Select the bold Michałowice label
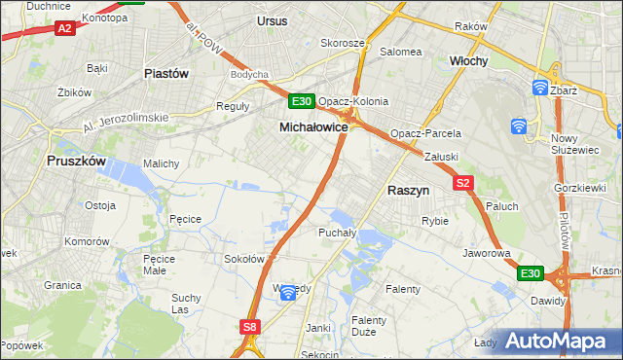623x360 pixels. click(314, 127)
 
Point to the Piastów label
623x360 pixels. click(165, 73)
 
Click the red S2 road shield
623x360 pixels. click(462, 183)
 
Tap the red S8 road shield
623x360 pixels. click(251, 328)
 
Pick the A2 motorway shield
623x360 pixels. click(64, 29)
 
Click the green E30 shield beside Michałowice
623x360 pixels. click(301, 101)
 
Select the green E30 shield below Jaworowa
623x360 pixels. click(530, 274)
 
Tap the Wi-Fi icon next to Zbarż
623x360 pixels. click(540, 87)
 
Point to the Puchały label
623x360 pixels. click(337, 234)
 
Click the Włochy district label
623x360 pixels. click(468, 60)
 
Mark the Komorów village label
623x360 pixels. click(87, 240)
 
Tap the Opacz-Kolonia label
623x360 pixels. click(353, 101)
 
